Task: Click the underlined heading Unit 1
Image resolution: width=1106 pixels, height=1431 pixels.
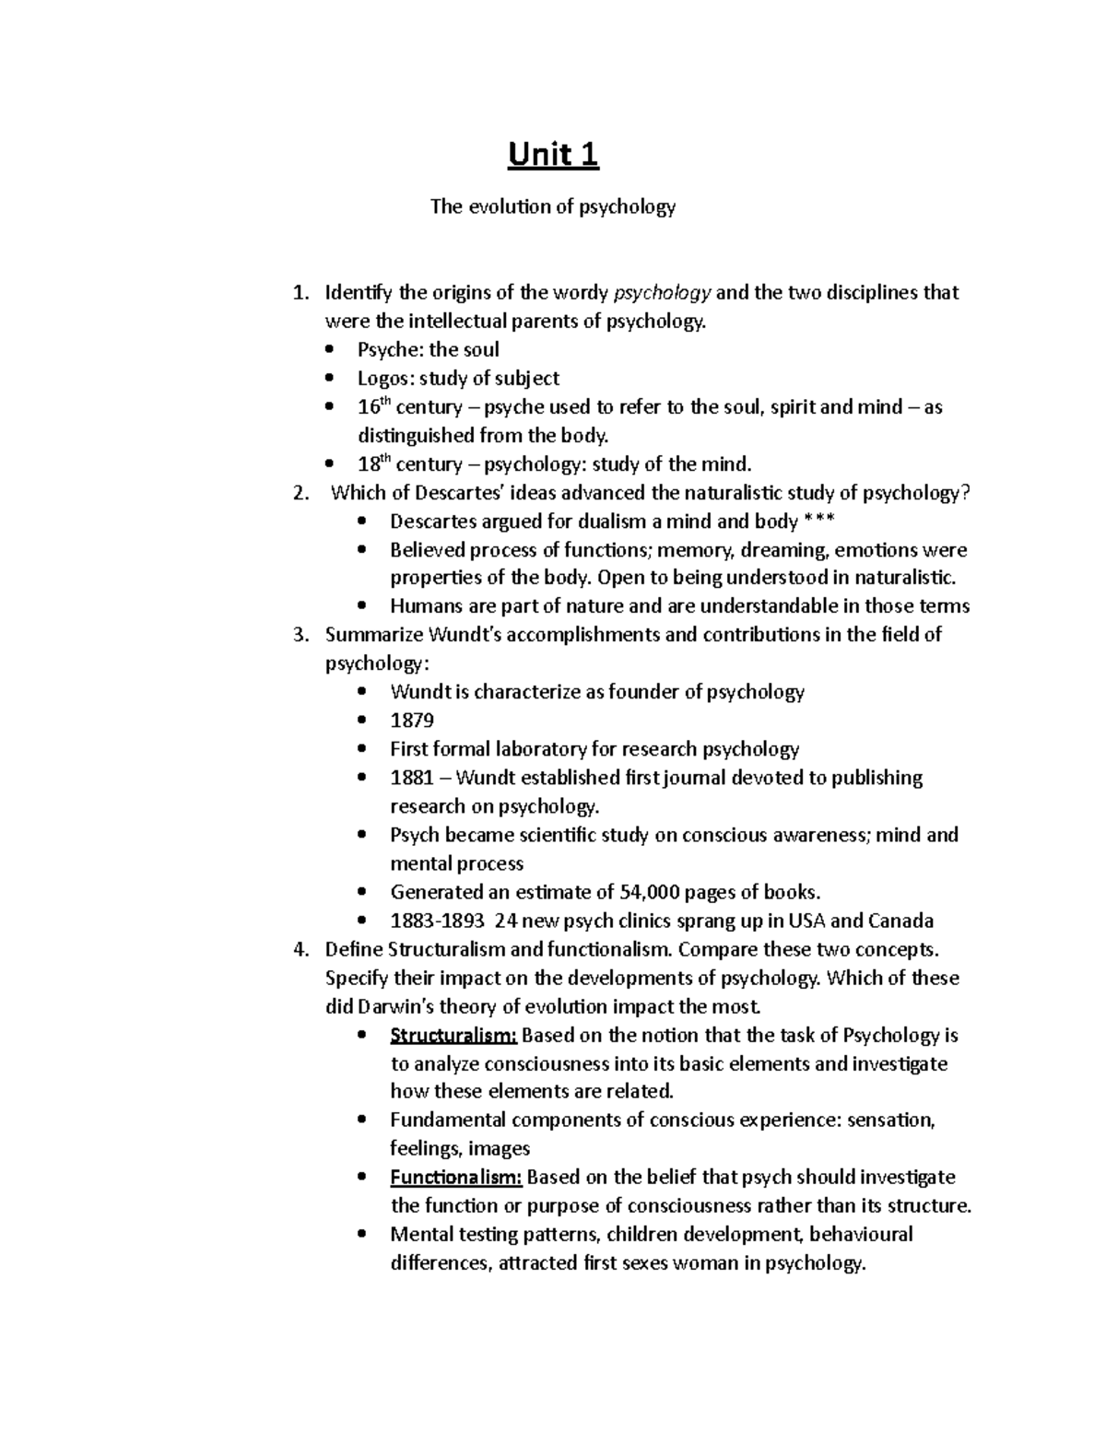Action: [553, 155]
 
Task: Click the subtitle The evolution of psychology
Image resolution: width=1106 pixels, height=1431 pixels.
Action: [553, 207]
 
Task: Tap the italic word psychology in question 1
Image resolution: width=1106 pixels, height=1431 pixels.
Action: [663, 293]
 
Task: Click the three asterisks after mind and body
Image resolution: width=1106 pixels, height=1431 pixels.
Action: [819, 522]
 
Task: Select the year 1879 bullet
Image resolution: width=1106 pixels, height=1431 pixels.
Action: [412, 721]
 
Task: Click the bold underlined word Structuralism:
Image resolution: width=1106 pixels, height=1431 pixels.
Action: [453, 1035]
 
